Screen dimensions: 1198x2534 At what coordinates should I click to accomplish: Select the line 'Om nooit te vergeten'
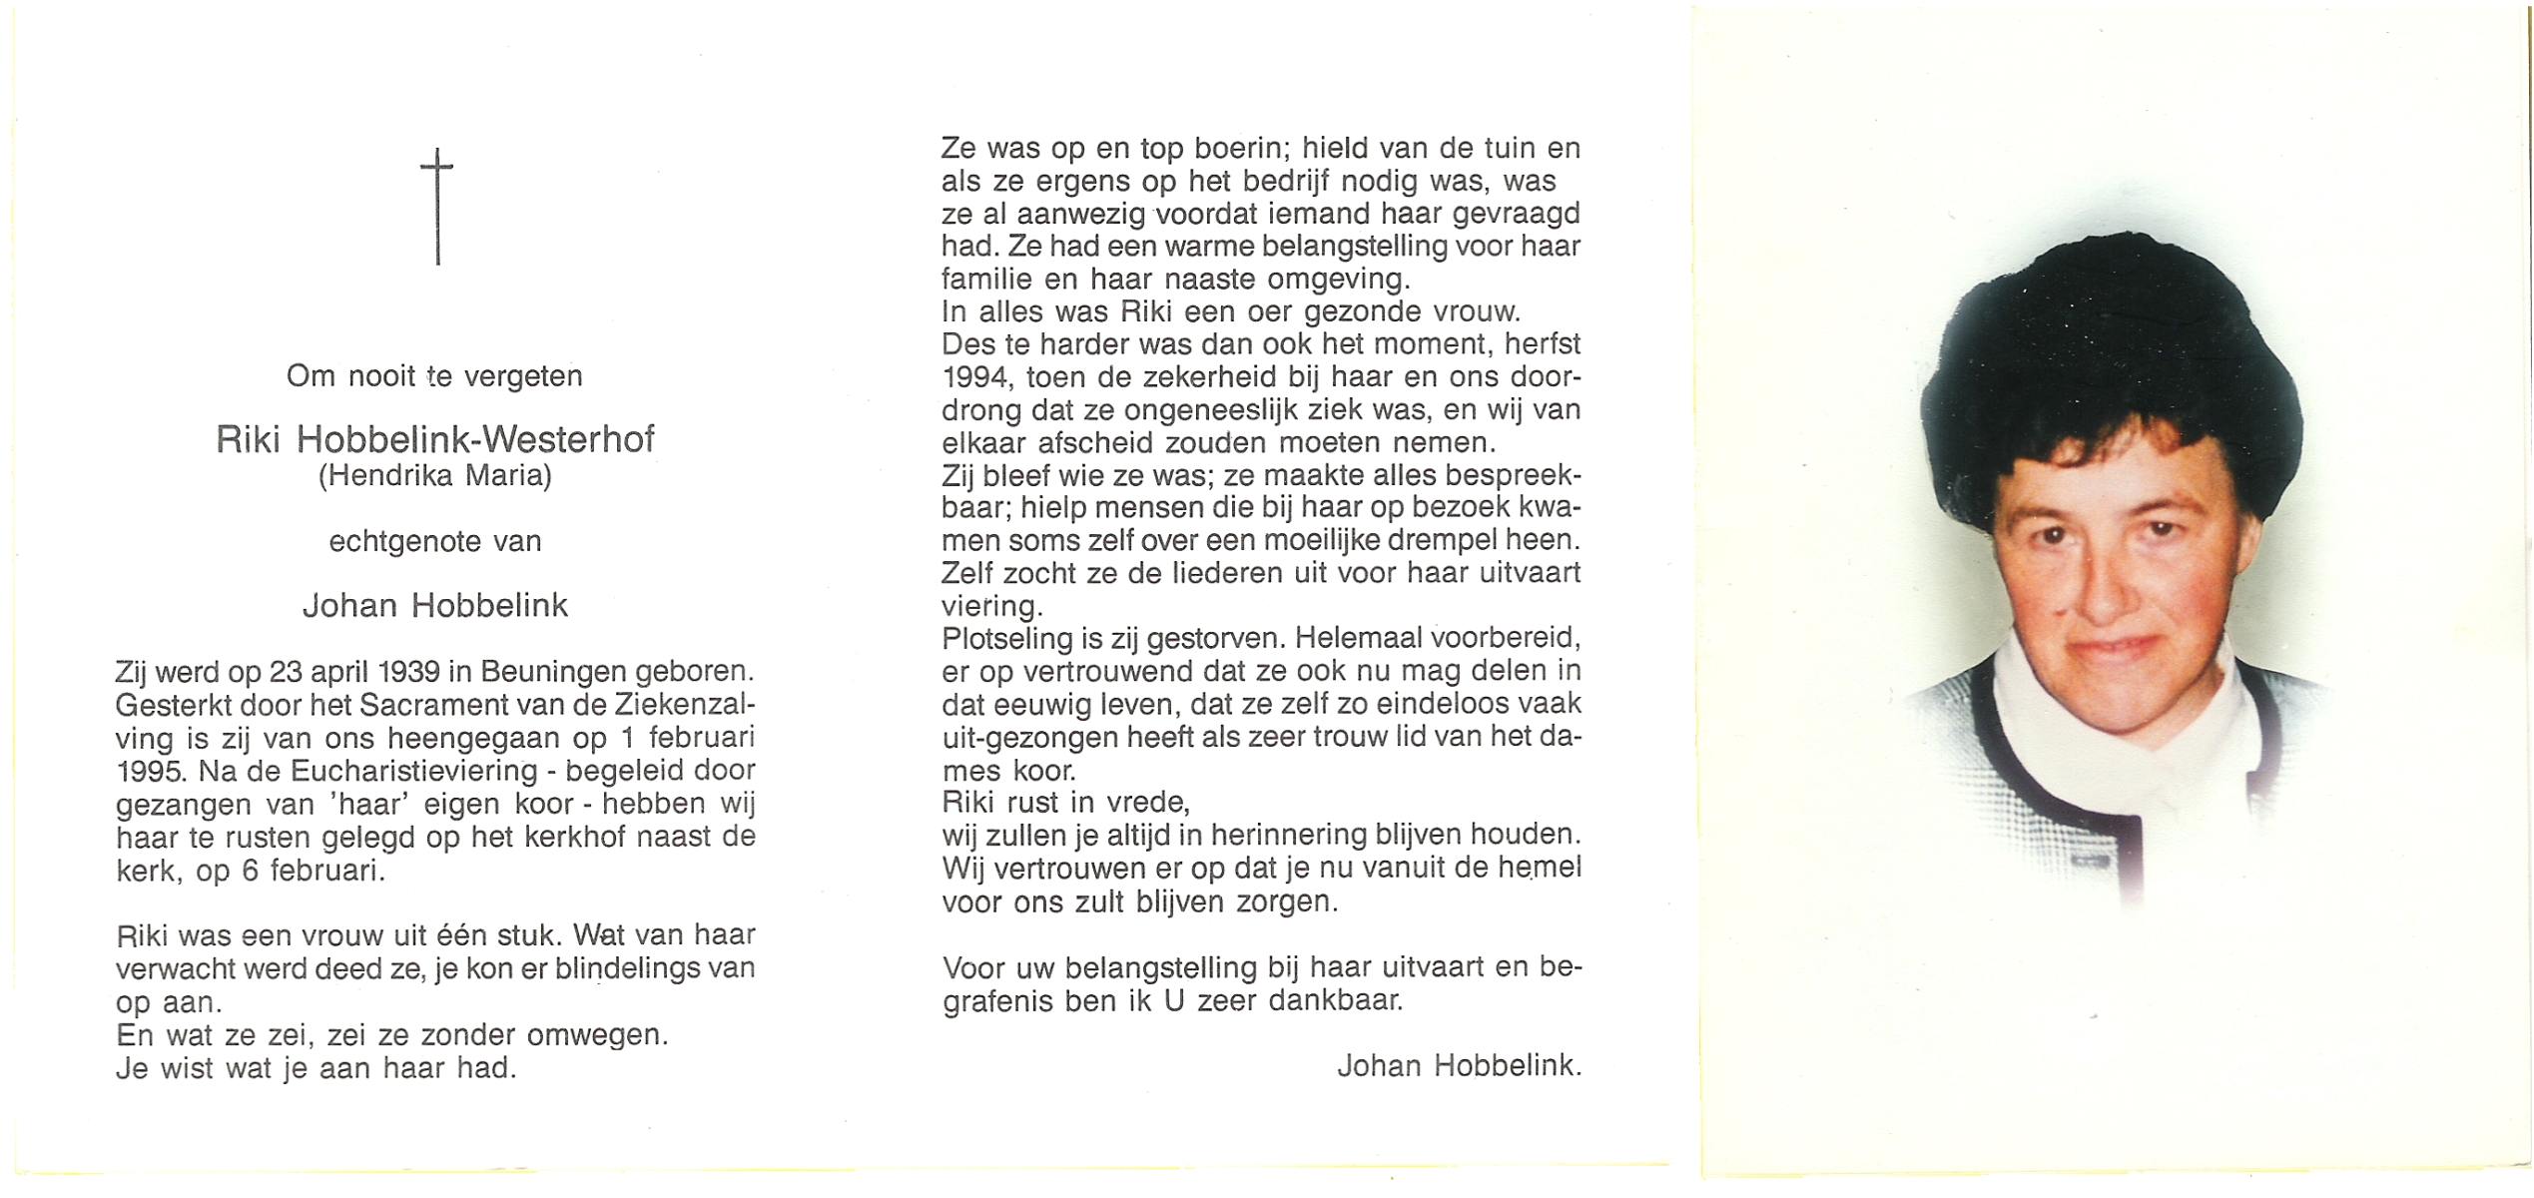pyautogui.click(x=434, y=376)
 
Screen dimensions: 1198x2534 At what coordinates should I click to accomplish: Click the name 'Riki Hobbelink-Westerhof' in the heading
pyautogui.click(x=435, y=440)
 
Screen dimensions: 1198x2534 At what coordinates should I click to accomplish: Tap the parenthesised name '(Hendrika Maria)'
pyautogui.click(x=435, y=476)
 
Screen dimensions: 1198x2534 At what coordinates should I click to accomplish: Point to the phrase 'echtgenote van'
pyautogui.click(x=435, y=542)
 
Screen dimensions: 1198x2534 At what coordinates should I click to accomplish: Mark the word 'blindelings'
pyautogui.click(x=609, y=968)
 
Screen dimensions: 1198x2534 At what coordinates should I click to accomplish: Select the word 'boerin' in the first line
pyautogui.click(x=1219, y=149)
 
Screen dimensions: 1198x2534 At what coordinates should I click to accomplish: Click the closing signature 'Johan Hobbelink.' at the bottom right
pyautogui.click(x=1459, y=1066)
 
